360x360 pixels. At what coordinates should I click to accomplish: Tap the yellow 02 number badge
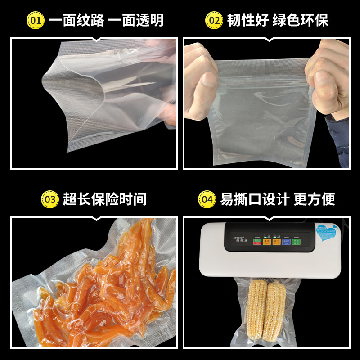click(214, 20)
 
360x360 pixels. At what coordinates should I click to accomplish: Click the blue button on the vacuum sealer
click(287, 243)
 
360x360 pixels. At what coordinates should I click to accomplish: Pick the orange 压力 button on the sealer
click(275, 243)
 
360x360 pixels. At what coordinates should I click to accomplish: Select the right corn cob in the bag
click(276, 310)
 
